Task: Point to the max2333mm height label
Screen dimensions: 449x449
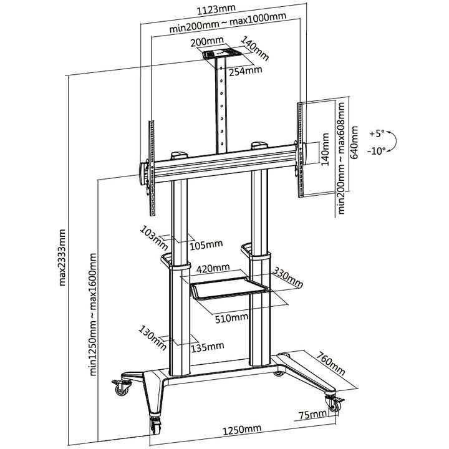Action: pyautogui.click(x=62, y=256)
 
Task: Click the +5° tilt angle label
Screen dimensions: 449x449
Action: pyautogui.click(x=377, y=134)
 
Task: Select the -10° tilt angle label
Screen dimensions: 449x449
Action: pyautogui.click(x=377, y=151)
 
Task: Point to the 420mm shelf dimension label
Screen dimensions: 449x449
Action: pyautogui.click(x=212, y=269)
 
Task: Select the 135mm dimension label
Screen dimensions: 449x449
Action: pyautogui.click(x=207, y=346)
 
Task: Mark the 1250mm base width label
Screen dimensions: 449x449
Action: pyautogui.click(x=241, y=430)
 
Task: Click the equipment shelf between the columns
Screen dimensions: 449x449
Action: pyautogui.click(x=228, y=289)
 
